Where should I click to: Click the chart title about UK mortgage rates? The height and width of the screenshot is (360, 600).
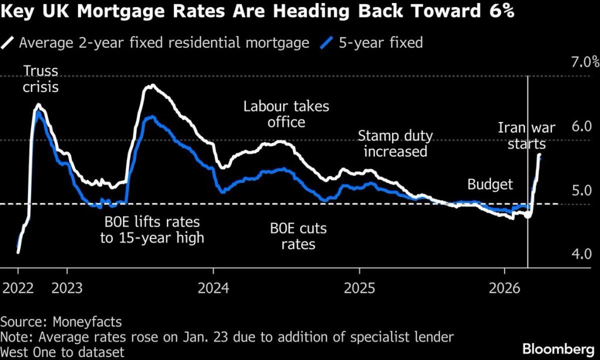(x=258, y=13)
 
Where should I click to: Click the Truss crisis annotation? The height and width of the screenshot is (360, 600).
(x=40, y=79)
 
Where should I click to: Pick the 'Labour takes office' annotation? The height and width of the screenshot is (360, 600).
(x=287, y=114)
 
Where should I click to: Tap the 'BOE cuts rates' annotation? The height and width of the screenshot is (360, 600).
(x=298, y=236)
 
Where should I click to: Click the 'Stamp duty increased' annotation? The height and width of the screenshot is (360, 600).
(x=396, y=144)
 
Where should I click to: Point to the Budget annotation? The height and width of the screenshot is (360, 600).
(x=490, y=185)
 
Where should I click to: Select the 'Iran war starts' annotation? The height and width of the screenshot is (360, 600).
(x=526, y=135)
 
